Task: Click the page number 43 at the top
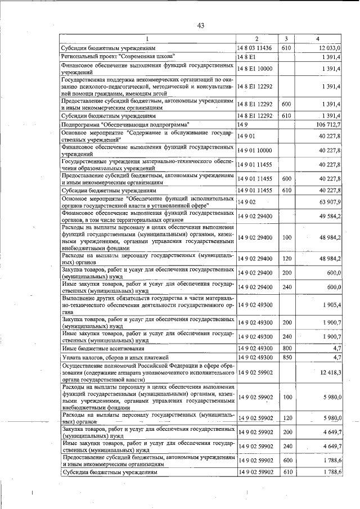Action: [x=201, y=25]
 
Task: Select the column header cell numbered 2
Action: [x=256, y=39]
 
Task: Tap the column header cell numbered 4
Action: [x=318, y=39]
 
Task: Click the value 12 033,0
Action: [x=329, y=49]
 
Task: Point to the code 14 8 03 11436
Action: [x=256, y=49]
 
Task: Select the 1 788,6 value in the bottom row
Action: [x=331, y=473]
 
